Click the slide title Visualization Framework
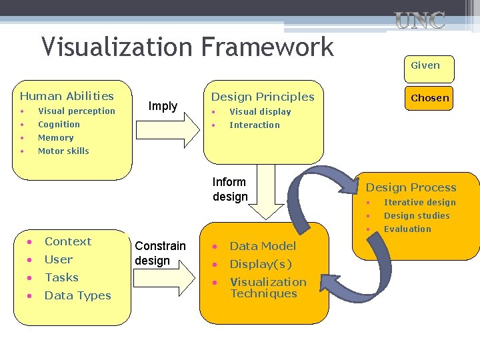pyautogui.click(x=187, y=47)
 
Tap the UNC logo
pyautogui.click(x=419, y=21)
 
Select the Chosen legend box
pyautogui.click(x=429, y=98)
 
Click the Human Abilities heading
pyautogui.click(x=67, y=97)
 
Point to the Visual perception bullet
pyautogui.click(x=76, y=111)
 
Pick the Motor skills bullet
pyautogui.click(x=63, y=151)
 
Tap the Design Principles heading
pyautogui.click(x=263, y=97)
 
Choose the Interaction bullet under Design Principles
pyautogui.click(x=255, y=125)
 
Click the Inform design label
pyautogui.click(x=230, y=189)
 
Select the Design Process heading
pyautogui.click(x=411, y=188)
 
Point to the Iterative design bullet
pyautogui.click(x=419, y=203)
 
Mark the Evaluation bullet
pyautogui.click(x=407, y=229)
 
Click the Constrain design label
pyautogui.click(x=160, y=253)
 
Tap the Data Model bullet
pyautogui.click(x=263, y=247)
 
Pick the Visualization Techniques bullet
pyautogui.click(x=268, y=288)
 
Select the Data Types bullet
pyautogui.click(x=77, y=296)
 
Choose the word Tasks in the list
pyautogui.click(x=61, y=277)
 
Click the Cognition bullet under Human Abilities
pyautogui.click(x=59, y=125)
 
